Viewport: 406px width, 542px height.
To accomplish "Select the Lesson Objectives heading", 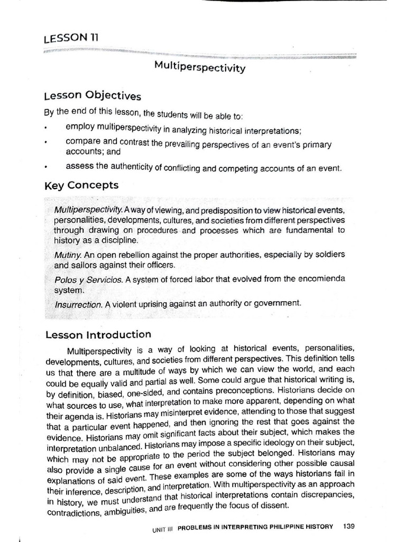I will click(93, 95).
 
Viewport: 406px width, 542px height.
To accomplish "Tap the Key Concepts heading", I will click(81, 185).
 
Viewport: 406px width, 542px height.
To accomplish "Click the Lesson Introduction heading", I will click(98, 335).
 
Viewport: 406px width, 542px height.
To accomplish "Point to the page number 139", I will click(348, 526).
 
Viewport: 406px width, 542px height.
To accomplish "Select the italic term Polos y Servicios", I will click(88, 279).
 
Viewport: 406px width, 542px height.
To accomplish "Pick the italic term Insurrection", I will click(78, 304).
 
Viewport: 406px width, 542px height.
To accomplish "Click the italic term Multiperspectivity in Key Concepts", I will click(88, 211).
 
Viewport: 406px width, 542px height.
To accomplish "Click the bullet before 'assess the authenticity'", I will click(47, 168).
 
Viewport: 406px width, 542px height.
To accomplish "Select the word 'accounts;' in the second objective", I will click(84, 152).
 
